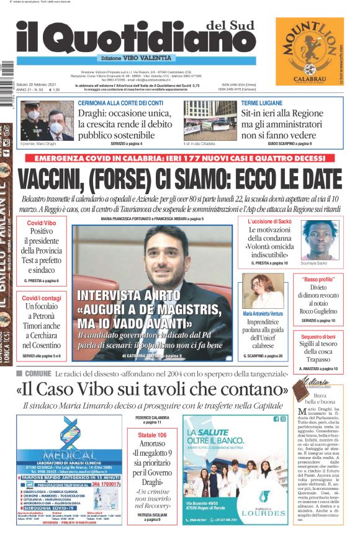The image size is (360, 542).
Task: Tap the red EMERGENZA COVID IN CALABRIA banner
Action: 180,158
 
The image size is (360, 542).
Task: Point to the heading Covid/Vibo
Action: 42,223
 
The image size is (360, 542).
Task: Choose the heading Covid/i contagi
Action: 42,298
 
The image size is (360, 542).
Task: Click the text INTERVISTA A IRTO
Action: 119,295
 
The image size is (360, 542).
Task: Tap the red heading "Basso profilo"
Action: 318,280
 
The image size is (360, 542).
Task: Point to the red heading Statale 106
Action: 152,435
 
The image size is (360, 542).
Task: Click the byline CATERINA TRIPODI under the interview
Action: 145,355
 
